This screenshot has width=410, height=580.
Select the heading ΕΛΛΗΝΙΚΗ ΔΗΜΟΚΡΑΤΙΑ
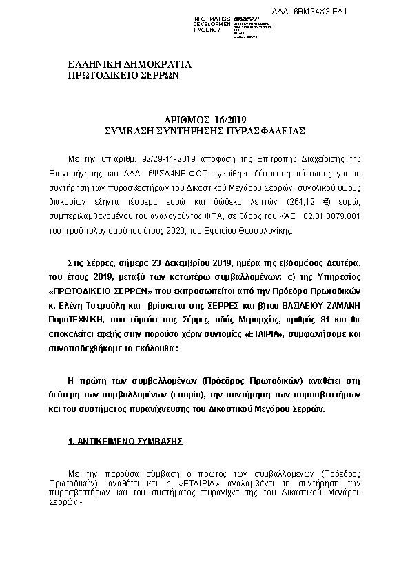click(x=130, y=65)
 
